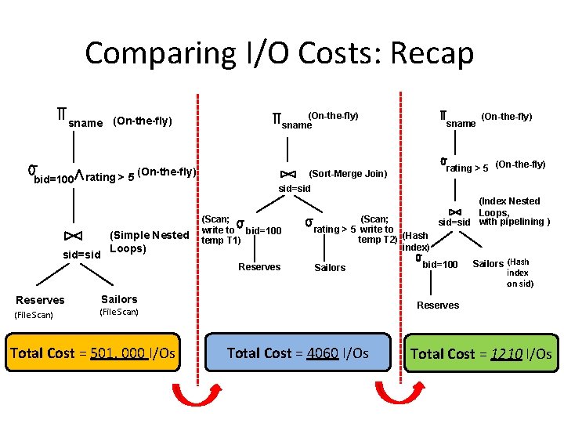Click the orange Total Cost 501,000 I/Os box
[92, 353]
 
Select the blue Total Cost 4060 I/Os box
[298, 353]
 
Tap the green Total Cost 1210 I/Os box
[481, 354]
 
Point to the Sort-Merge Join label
[349, 174]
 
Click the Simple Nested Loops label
[149, 242]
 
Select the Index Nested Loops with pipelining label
[513, 211]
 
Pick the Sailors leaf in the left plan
[119, 299]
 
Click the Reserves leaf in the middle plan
[258, 267]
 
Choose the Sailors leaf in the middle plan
[329, 268]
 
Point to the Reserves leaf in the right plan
[438, 305]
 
